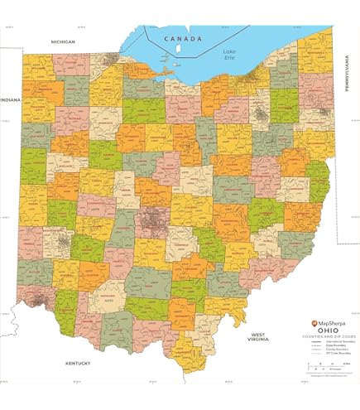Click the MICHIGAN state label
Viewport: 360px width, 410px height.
tap(63, 41)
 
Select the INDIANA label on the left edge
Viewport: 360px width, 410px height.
tap(11, 99)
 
